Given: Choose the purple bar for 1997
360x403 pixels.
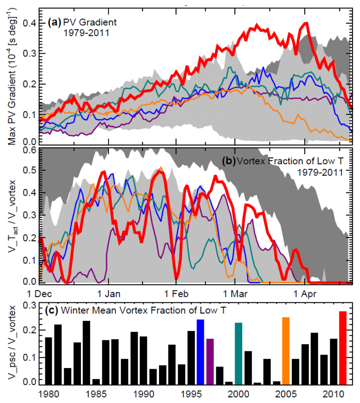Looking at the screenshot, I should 210,362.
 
